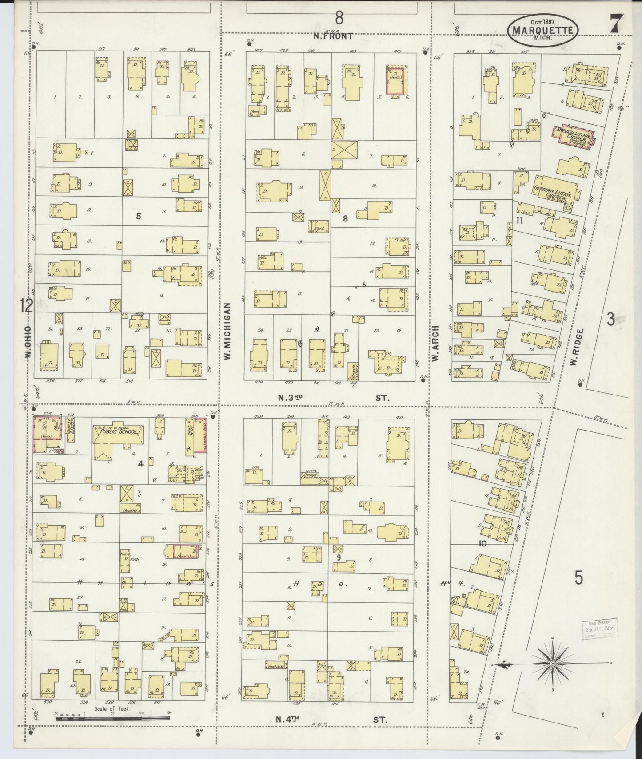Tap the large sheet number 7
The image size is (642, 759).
coord(616,23)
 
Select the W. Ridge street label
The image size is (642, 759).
coord(574,348)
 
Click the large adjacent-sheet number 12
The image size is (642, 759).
coord(26,305)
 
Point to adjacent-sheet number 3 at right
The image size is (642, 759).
coord(611,319)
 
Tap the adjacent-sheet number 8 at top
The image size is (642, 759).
coord(339,18)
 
